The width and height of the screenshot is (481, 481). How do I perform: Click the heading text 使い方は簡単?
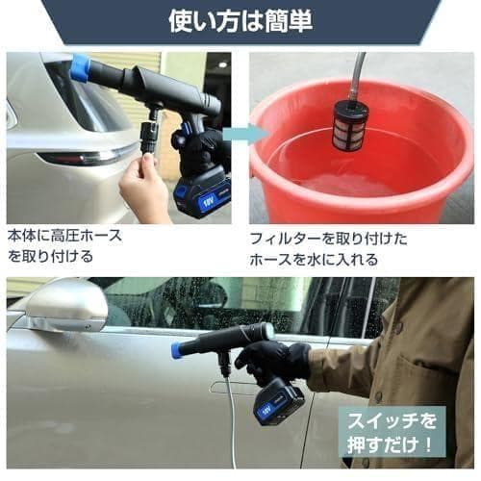tap(240, 20)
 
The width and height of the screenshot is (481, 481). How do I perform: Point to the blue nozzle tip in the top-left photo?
tap(80, 67)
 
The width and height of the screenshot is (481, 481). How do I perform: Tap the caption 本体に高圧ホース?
tap(65, 235)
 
